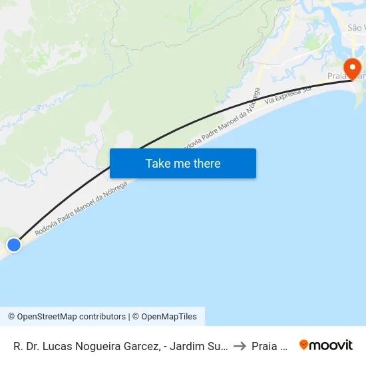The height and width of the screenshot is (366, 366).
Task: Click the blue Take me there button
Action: pyautogui.click(x=183, y=163)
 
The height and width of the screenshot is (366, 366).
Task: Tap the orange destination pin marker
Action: pyautogui.click(x=351, y=69)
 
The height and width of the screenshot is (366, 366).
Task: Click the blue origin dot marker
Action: pyautogui.click(x=14, y=245)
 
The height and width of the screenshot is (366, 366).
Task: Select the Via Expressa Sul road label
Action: pyautogui.click(x=288, y=94)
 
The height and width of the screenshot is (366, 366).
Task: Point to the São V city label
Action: pyautogui.click(x=356, y=28)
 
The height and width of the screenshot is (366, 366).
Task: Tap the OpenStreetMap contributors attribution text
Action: pyautogui.click(x=71, y=317)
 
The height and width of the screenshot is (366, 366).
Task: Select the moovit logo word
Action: pyautogui.click(x=331, y=345)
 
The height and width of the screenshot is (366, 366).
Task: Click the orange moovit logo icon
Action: pyautogui.click(x=304, y=345)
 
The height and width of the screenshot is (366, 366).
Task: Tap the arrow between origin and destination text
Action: pyautogui.click(x=240, y=345)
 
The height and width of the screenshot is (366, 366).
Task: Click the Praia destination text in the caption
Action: pyautogui.click(x=269, y=345)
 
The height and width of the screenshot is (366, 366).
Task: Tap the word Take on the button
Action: pyautogui.click(x=158, y=163)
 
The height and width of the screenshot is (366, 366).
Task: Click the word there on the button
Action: pyautogui.click(x=206, y=163)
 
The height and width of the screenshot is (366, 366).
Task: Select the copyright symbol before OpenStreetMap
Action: pyautogui.click(x=11, y=317)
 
